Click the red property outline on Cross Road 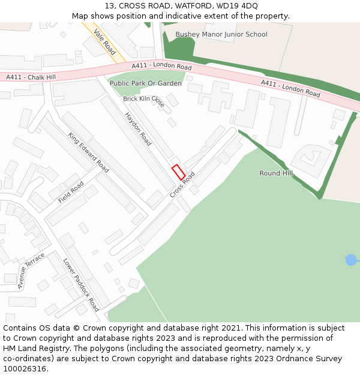coord(178,172)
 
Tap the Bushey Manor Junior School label coord(221,34)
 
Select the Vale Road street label coord(105,41)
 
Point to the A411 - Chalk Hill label coord(31,77)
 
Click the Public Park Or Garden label coord(146,83)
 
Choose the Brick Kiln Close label coord(144,101)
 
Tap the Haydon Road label coord(138,128)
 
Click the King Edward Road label coord(88,152)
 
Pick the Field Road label coord(71,192)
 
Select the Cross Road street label coord(182,184)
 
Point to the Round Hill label coord(276,173)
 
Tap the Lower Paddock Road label coord(81,284)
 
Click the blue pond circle coord(350,260)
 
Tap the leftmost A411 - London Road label coord(161,66)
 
